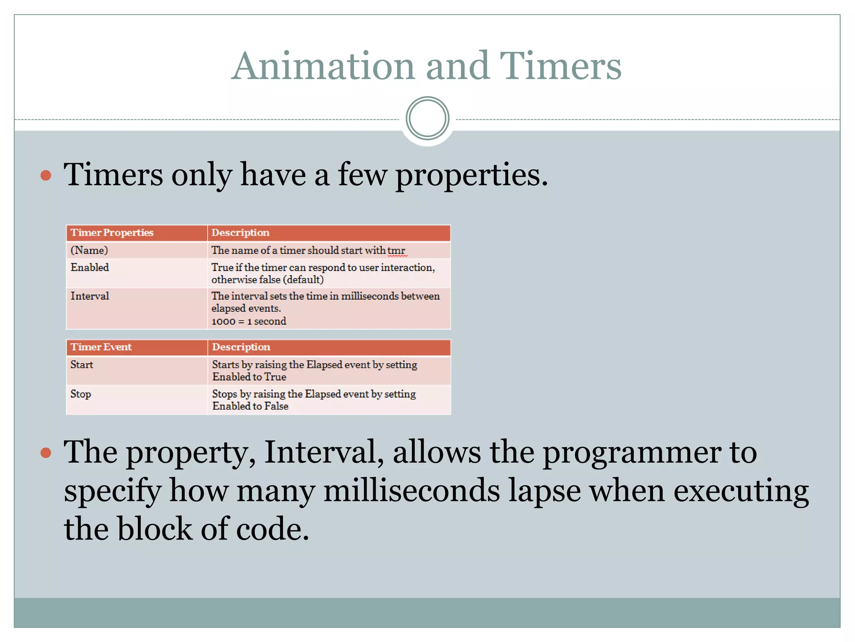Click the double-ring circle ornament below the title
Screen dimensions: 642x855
[x=427, y=118]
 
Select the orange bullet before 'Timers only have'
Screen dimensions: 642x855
[x=46, y=175]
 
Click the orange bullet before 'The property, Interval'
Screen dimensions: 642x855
[x=46, y=452]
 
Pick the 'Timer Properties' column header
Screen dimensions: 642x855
[x=112, y=233]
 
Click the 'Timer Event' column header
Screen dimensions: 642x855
[x=101, y=347]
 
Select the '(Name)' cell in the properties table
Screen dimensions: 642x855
[x=89, y=250]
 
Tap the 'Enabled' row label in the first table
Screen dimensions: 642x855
[x=90, y=267]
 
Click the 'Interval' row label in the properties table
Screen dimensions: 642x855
[x=90, y=296]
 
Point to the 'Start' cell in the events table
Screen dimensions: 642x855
[x=82, y=365]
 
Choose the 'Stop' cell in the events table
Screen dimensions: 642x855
[x=81, y=394]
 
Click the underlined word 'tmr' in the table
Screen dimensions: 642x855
[x=396, y=251]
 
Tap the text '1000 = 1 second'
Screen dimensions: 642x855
[x=249, y=321]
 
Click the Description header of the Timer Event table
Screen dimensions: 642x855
[x=241, y=347]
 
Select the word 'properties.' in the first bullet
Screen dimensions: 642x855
[x=471, y=175]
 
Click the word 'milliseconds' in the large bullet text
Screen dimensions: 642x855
[x=412, y=491]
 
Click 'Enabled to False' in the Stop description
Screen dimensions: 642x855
[x=250, y=406]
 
